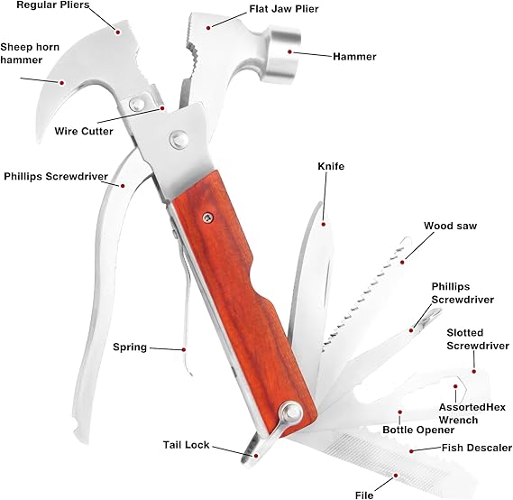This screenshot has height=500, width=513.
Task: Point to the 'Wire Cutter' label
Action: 84,131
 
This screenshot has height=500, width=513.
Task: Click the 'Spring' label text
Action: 130,347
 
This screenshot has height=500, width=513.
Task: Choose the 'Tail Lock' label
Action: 187,444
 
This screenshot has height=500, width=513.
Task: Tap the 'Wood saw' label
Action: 449,226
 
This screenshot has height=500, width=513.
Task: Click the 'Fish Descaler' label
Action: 476,447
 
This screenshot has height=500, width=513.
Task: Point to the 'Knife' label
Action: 331,166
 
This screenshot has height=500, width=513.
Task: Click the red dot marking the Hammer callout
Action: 290,52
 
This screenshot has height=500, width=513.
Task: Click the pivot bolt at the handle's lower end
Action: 292,413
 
